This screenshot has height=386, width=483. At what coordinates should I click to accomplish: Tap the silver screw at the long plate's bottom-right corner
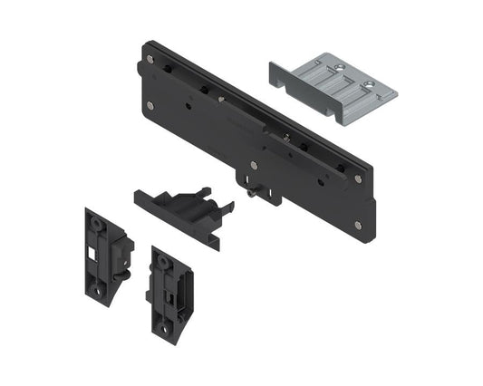(x=359, y=225)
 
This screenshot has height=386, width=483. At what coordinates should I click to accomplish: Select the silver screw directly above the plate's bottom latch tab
(x=254, y=165)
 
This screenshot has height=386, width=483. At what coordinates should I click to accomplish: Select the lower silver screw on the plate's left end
(x=150, y=105)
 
